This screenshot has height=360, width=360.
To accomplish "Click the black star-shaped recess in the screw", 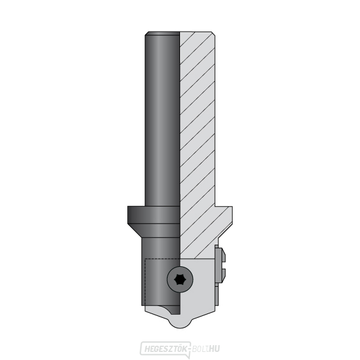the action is tap(180, 279).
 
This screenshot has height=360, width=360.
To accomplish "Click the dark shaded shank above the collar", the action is tap(162, 119).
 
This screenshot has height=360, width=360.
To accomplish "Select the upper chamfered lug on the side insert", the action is tap(220, 254).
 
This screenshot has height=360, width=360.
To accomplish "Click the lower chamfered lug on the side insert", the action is tap(220, 277).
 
